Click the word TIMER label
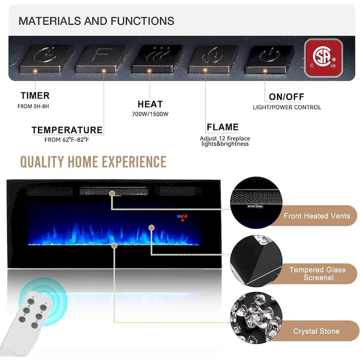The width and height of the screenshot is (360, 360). pos(35,96)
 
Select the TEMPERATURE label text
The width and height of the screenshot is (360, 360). pos(67,130)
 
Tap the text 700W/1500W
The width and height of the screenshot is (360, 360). pos(150,114)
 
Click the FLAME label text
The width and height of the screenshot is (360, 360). pos(223,127)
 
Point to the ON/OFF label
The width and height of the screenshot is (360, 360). pos(287,97)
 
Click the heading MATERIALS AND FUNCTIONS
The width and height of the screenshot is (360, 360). pos(96,21)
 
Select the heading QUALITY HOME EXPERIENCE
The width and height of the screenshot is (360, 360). pos(93,162)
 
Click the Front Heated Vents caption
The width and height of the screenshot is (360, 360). pos(316,216)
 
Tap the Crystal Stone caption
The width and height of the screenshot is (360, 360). pos(316,331)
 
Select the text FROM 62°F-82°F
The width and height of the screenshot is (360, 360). pos(67,140)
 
